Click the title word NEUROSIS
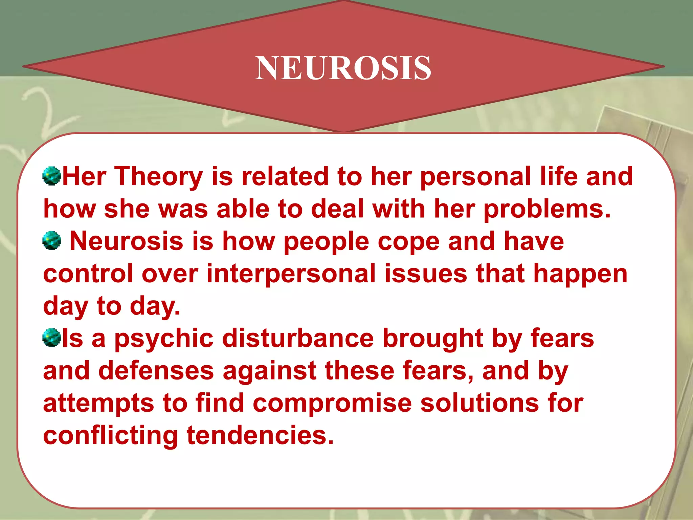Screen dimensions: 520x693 coord(343,68)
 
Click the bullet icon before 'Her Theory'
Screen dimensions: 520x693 coord(52,176)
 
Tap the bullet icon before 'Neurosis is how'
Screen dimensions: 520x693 coord(52,241)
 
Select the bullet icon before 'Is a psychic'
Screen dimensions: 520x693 coord(52,338)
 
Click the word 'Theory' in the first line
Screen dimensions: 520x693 coord(159,177)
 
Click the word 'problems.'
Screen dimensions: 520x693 coord(547,209)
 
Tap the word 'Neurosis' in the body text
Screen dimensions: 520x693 coord(126,241)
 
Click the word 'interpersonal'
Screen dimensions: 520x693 coord(291,274)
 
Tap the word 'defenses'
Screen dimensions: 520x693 coord(156,371)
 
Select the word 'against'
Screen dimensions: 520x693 coord(269,371)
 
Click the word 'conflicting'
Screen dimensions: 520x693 coord(110,435)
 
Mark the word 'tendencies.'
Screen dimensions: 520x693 coord(260,435)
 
